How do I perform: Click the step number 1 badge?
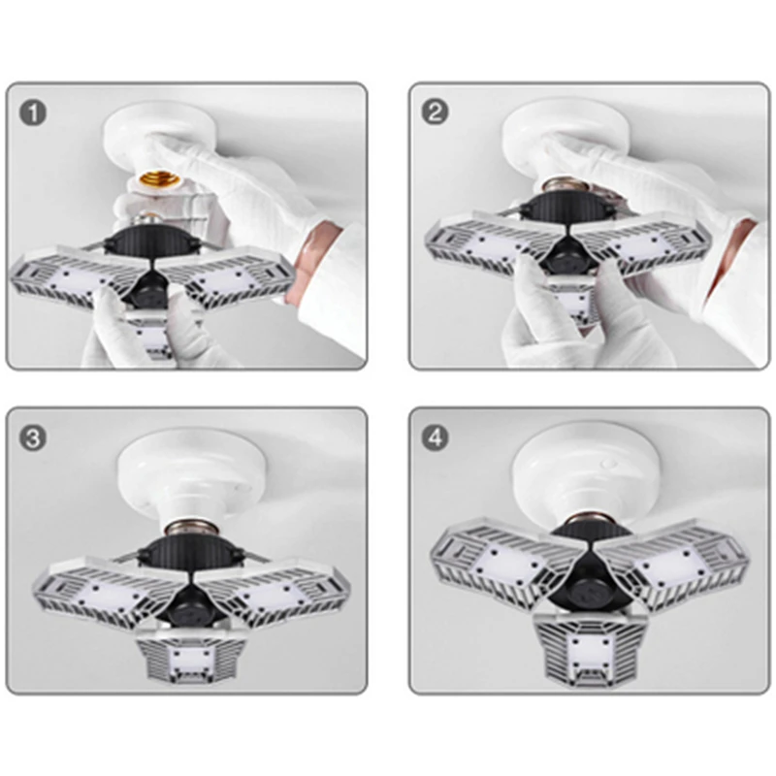click(33, 113)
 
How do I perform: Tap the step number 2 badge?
click(435, 112)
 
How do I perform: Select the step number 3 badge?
click(33, 437)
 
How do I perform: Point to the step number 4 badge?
click(435, 437)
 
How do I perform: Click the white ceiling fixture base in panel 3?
click(192, 479)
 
